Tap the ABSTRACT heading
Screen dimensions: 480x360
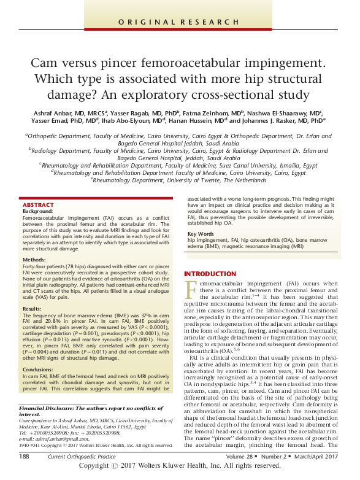(x=38, y=204)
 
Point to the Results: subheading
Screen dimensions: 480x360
(x=33, y=308)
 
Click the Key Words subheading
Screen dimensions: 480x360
(x=200, y=234)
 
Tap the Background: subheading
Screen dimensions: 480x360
(x=37, y=211)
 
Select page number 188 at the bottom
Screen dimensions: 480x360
(x=25, y=457)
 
